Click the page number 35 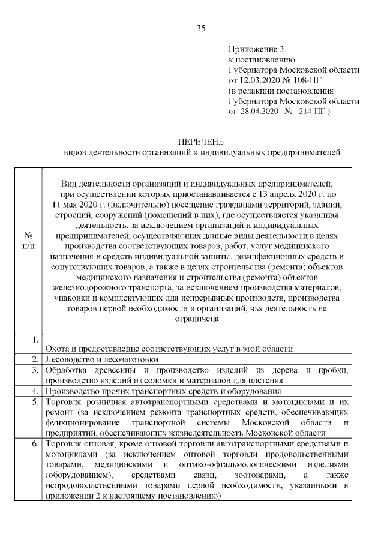pos(201,28)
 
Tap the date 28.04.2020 pos(259,112)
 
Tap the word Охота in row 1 pos(57,349)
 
